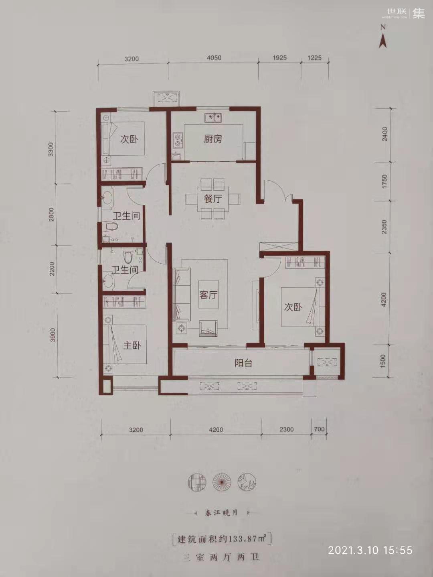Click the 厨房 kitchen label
[213, 139]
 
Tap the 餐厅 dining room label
[213, 199]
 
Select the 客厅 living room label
[208, 295]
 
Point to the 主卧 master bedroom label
[132, 345]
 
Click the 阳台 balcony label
[243, 363]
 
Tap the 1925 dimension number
[279, 57]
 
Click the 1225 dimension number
[314, 57]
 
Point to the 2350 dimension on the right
[384, 227]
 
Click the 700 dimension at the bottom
[319, 429]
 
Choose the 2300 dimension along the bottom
[287, 429]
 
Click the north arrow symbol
[383, 38]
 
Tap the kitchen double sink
[213, 118]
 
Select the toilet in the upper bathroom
[111, 226]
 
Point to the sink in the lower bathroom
[108, 281]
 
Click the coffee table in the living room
[208, 295]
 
